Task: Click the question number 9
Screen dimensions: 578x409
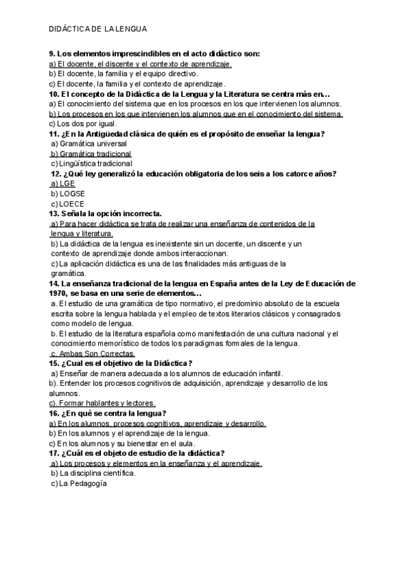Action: tap(52, 54)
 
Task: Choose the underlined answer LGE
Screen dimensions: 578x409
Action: tap(66, 184)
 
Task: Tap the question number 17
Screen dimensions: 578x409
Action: tap(54, 453)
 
